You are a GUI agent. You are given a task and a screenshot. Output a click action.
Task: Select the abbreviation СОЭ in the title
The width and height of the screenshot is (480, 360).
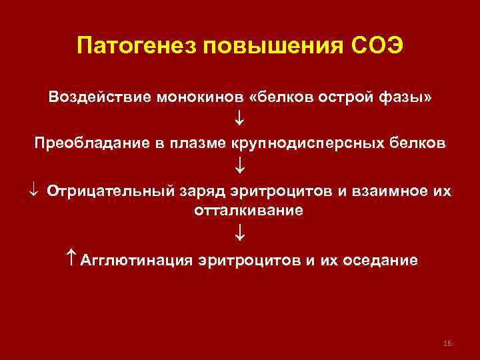(x=376, y=47)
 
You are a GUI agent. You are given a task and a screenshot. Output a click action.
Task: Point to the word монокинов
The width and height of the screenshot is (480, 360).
(x=200, y=97)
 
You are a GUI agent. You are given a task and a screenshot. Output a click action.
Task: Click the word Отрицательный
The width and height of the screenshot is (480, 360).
(x=111, y=191)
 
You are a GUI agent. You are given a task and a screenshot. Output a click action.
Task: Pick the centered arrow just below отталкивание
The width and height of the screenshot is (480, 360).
(x=240, y=234)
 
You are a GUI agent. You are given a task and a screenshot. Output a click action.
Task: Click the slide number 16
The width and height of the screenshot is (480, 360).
(x=447, y=343)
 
